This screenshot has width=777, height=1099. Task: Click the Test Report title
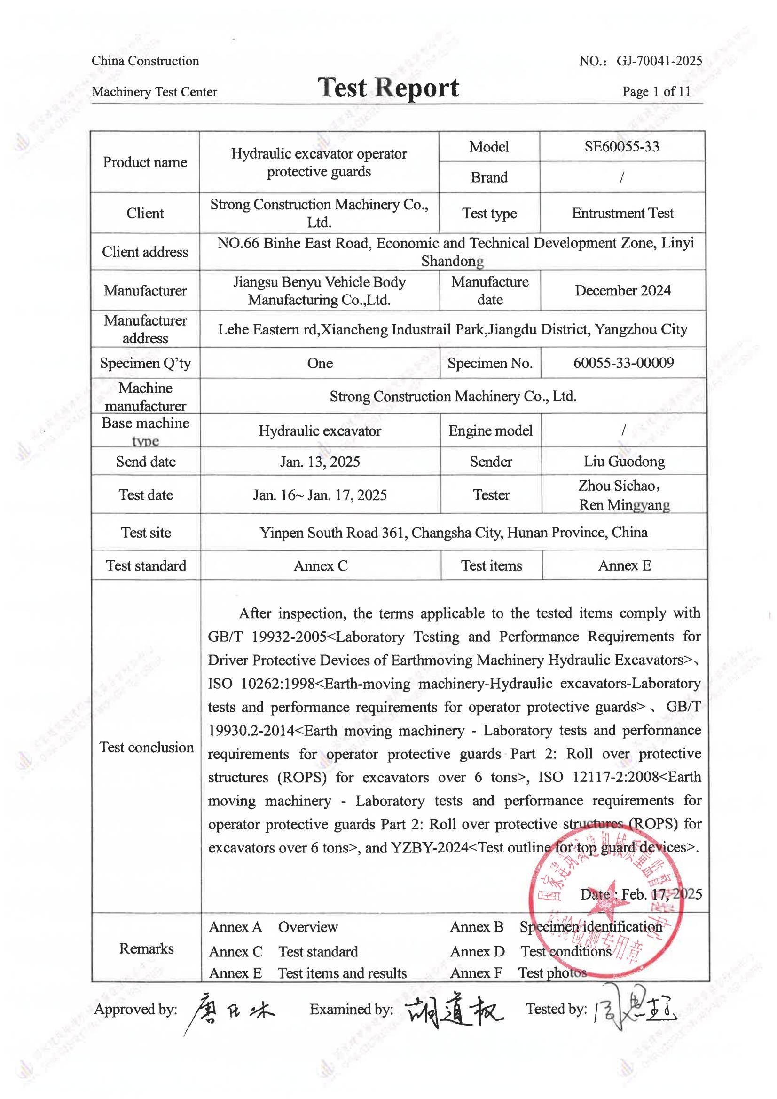click(x=388, y=88)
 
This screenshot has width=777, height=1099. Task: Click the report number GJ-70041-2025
click(x=659, y=61)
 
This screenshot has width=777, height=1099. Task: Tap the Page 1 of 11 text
click(x=656, y=91)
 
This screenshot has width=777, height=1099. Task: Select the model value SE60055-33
click(x=621, y=146)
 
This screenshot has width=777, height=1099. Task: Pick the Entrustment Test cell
click(x=622, y=213)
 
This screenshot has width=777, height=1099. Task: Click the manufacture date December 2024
click(x=622, y=291)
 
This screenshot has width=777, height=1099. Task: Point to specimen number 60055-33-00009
click(x=623, y=363)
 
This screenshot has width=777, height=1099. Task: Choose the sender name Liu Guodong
click(x=624, y=462)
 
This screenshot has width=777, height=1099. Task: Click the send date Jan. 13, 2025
click(x=320, y=462)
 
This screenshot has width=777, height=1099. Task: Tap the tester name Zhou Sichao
click(x=619, y=486)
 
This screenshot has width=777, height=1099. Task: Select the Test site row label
click(x=146, y=533)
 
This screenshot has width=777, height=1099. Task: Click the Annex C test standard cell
click(x=321, y=566)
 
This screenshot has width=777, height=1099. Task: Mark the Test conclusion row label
click(x=146, y=748)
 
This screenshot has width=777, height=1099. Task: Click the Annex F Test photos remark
click(x=518, y=973)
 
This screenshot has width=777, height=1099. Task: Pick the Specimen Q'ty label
click(x=145, y=364)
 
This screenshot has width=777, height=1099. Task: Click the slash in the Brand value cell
click(x=621, y=178)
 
